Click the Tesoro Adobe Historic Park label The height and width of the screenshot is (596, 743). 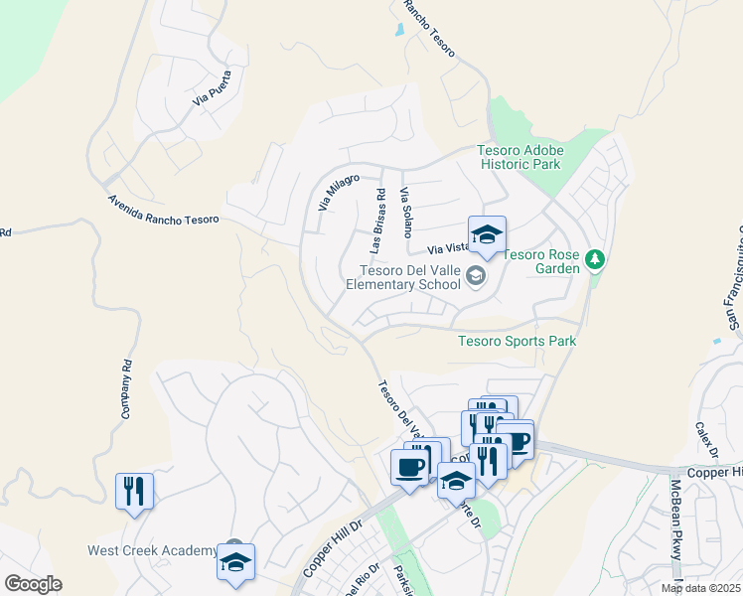pos(520,157)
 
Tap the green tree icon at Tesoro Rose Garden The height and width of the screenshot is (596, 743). pos(595,260)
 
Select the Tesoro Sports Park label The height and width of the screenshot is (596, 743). pos(517,341)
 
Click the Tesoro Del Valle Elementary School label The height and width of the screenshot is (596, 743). pos(402,276)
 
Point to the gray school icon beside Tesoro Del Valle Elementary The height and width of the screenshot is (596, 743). pos(476,276)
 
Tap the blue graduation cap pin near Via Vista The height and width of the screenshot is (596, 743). pos(487,235)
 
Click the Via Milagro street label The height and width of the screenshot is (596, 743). pos(338,191)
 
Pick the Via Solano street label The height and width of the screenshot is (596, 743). pos(405,212)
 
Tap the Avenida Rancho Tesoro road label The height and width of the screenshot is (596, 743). pos(163,209)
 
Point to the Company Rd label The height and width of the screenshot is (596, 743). pos(126,387)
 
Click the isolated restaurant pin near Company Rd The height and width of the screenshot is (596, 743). pos(135,490)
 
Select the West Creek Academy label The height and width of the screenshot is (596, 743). pos(152,550)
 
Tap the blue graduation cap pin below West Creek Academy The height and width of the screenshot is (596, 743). pos(236,563)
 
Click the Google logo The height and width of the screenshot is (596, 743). pos(33,584)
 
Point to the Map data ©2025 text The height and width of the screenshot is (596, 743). pos(700,588)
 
